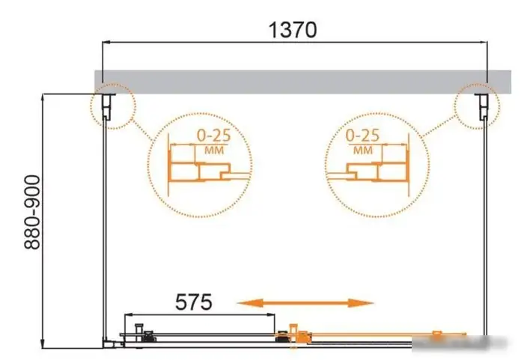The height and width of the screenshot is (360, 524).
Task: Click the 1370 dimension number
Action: [293, 30]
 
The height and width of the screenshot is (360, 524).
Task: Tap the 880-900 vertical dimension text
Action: [32, 213]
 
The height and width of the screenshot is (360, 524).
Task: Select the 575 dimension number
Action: [193, 302]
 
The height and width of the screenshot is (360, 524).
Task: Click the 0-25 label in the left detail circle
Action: [213, 135]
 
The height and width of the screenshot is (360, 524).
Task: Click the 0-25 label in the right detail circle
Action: [362, 135]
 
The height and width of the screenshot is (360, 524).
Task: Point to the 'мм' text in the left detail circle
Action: [214, 150]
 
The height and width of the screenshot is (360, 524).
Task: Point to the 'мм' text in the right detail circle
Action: [363, 150]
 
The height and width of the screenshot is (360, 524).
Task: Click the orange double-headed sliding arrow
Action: [305, 303]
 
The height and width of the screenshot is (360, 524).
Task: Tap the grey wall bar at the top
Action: [302, 82]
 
